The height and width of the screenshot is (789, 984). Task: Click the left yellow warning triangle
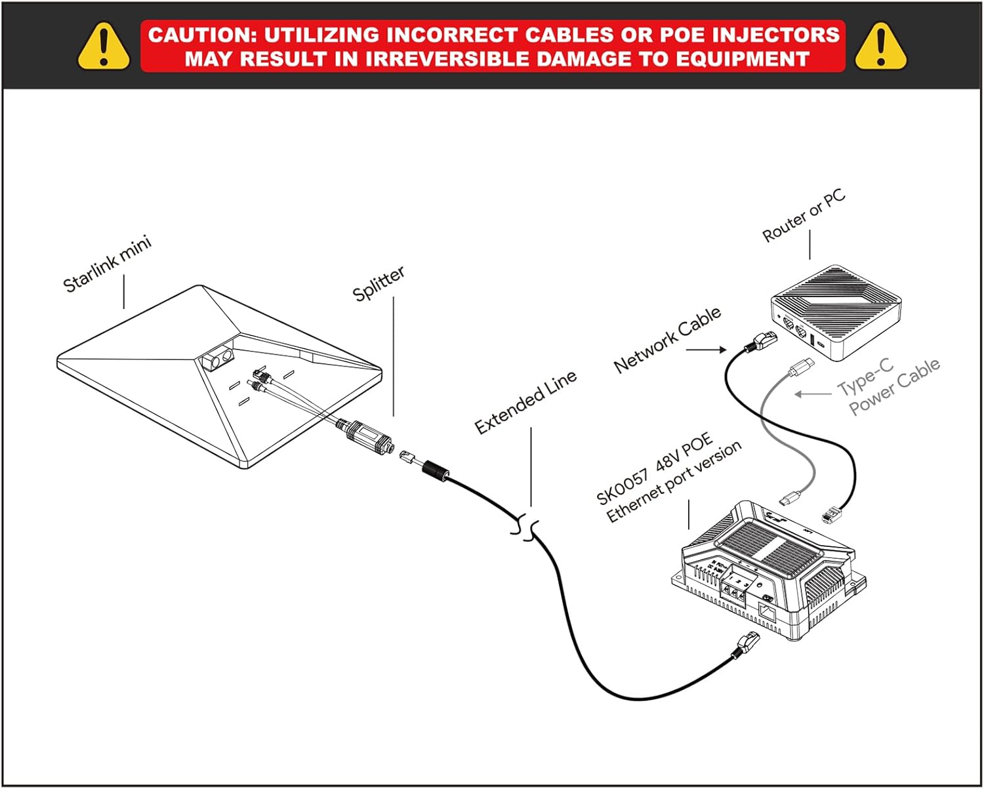tap(103, 47)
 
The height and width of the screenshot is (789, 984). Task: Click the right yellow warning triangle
tap(880, 47)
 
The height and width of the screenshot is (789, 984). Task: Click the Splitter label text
tap(379, 283)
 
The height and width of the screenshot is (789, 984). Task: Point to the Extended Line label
tap(525, 401)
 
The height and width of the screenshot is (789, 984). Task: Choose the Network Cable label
tap(667, 339)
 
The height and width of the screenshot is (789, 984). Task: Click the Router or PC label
tap(804, 216)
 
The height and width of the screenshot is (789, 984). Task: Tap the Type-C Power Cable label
tap(889, 386)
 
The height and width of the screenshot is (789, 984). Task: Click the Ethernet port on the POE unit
tap(767, 614)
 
